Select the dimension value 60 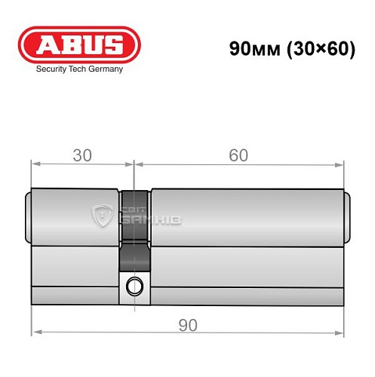238,156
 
